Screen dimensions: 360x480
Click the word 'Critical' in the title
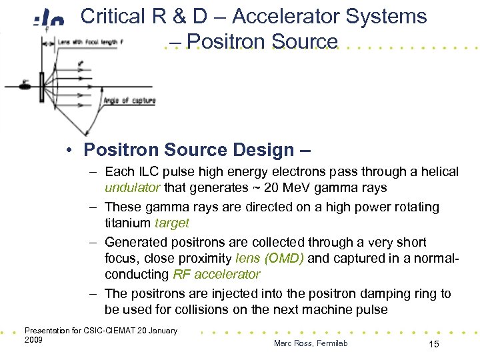113,16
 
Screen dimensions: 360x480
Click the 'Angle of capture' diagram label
129,101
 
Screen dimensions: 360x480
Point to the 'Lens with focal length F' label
87,42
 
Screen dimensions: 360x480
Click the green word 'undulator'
133,188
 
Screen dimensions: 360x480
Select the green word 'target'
172,223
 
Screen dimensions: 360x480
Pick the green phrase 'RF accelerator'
216,274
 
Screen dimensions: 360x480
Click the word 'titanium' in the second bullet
128,223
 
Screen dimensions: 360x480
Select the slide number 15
433,343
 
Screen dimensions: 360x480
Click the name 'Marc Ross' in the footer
291,343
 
